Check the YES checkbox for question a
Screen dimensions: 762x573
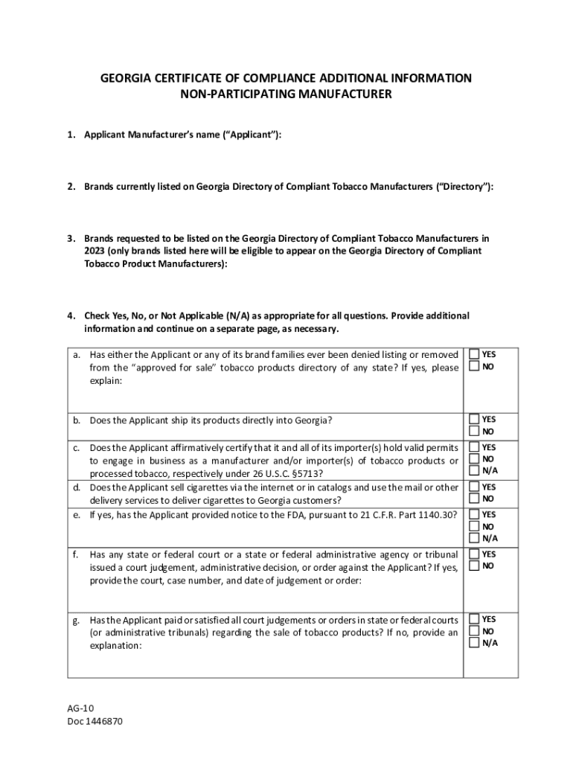[473, 354]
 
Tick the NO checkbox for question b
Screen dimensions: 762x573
[473, 432]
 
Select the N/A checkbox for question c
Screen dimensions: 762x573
[473, 471]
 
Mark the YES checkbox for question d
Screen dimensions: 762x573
[473, 487]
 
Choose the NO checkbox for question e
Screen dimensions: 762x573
[473, 526]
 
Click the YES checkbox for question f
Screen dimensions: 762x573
[473, 554]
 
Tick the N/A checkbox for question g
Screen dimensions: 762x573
[473, 644]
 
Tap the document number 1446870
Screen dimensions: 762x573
[104, 721]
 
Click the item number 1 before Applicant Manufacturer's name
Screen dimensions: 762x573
[71, 135]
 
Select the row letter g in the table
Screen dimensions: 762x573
[76, 620]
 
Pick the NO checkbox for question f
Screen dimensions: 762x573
[473, 566]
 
